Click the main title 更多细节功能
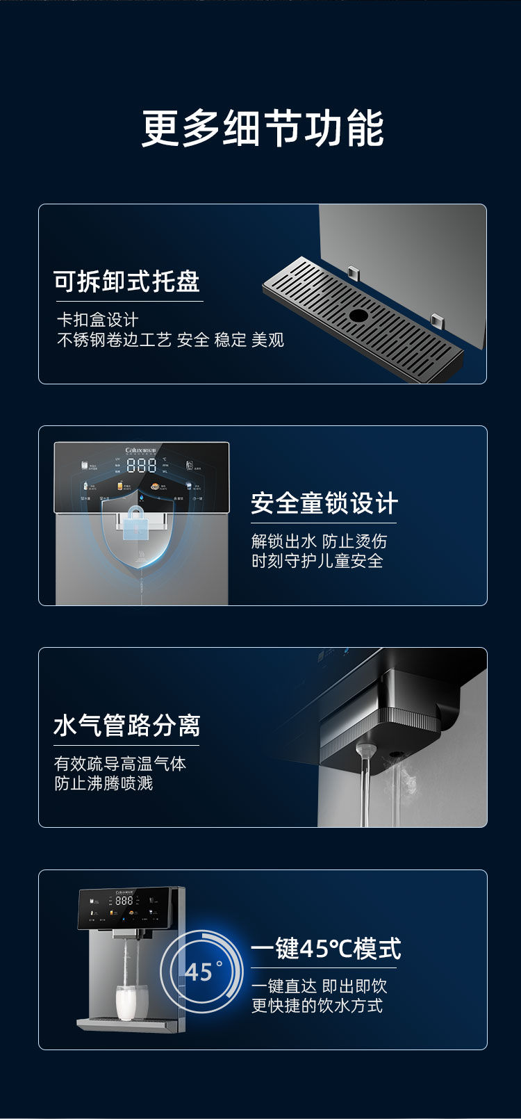click(x=263, y=128)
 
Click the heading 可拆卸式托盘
click(x=127, y=281)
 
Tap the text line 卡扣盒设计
click(x=98, y=320)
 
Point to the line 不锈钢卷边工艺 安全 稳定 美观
click(x=170, y=340)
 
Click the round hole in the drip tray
click(x=358, y=315)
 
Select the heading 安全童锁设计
click(x=324, y=503)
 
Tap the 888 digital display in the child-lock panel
click(x=141, y=466)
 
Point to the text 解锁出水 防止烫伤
click(x=319, y=541)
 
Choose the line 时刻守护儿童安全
click(x=317, y=561)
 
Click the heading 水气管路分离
click(x=127, y=726)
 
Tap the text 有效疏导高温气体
click(x=120, y=764)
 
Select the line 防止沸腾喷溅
click(x=104, y=783)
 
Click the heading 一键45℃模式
click(x=326, y=948)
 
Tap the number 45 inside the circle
click(x=199, y=971)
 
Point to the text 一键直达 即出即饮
click(x=319, y=986)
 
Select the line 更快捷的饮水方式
click(x=317, y=1006)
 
